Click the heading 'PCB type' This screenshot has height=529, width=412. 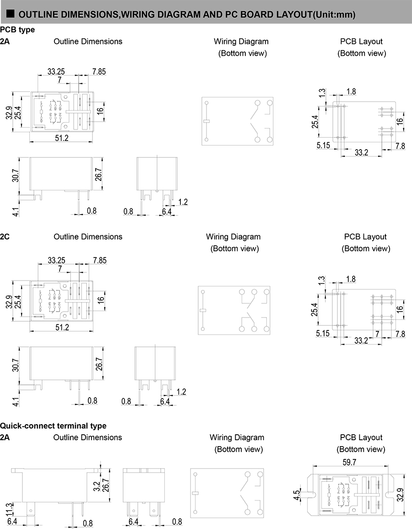point(17,30)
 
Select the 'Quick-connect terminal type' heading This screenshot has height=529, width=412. point(53,426)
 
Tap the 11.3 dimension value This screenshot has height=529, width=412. point(10,508)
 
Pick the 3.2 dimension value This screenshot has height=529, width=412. point(97,486)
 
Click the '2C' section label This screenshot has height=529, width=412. point(5,237)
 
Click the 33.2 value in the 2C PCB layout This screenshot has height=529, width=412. point(361,340)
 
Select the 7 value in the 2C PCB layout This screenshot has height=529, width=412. point(378,335)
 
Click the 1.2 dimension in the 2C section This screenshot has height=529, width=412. point(181,392)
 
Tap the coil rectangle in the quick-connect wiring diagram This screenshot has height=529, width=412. point(195,493)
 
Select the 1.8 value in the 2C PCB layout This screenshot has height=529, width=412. point(351,279)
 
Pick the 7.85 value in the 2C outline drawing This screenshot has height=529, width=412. point(99,260)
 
